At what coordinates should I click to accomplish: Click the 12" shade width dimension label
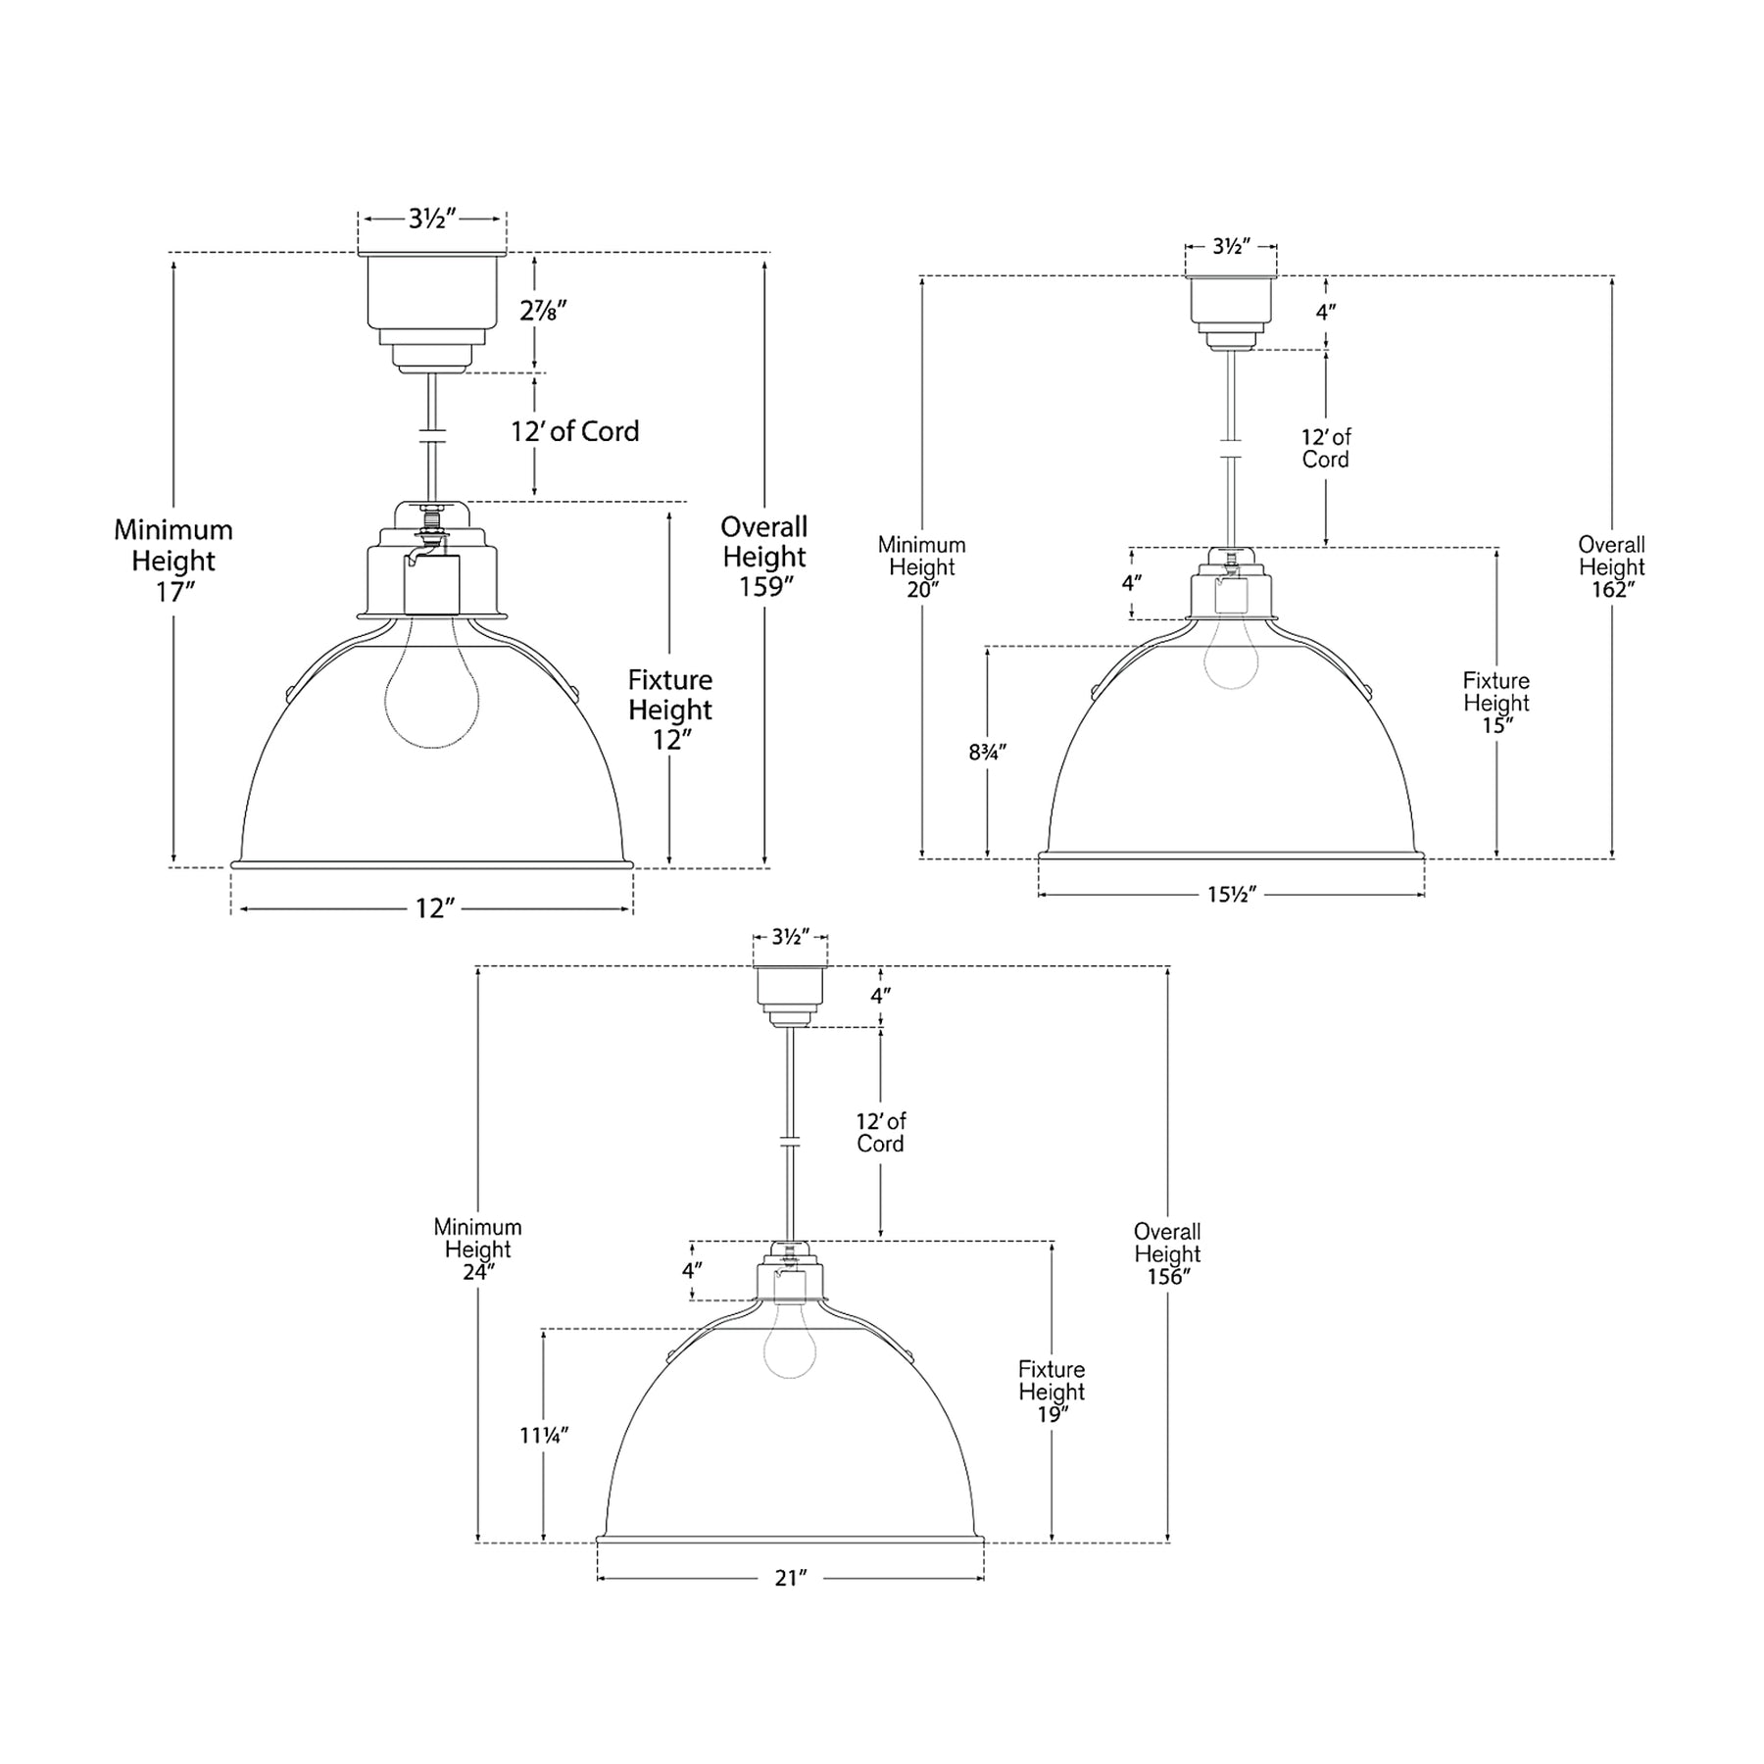pos(431,908)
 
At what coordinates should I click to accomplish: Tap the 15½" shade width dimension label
pos(1231,894)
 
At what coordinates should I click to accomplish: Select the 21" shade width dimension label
pos(790,1577)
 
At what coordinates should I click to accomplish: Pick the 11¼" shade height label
pos(544,1436)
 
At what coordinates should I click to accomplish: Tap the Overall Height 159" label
pos(764,557)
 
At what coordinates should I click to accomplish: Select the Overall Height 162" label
pos(1612,567)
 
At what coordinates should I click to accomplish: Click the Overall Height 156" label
pos(1167,1254)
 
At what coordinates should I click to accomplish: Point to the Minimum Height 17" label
pos(173,562)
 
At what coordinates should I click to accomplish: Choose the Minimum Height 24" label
pos(478,1249)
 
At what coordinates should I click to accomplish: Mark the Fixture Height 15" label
pos(1496,703)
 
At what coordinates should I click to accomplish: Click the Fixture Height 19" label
pos(1052,1392)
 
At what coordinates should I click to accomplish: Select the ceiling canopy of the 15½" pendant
pos(1231,314)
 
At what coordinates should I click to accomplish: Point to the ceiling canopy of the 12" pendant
pos(432,313)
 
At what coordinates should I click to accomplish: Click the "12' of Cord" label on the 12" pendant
pos(575,432)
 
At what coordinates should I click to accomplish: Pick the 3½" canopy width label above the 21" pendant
pos(790,937)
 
